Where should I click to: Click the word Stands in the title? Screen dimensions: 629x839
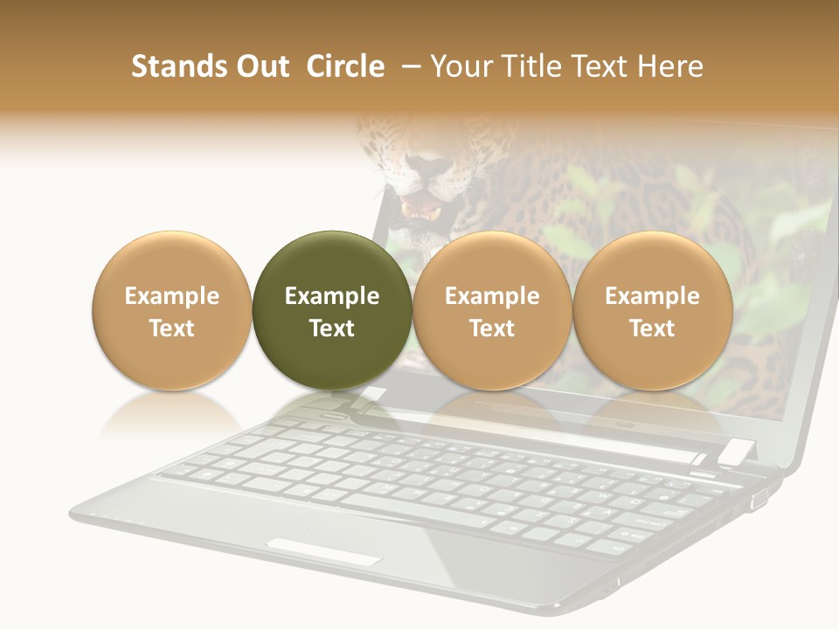point(172,66)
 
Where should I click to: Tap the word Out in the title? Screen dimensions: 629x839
point(260,66)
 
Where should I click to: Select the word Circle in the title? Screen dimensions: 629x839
point(345,66)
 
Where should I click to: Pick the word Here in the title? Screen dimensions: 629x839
point(671,66)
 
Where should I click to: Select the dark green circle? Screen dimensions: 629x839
point(332,310)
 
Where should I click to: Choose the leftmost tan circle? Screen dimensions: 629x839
point(172,310)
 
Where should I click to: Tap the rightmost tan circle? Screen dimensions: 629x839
point(653,310)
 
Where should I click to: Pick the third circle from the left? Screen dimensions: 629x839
point(492,310)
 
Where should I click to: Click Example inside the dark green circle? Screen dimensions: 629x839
point(332,296)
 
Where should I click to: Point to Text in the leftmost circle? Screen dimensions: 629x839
point(172,328)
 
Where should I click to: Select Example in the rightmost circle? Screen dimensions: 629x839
point(653,296)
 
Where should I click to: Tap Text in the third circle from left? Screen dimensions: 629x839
point(492,328)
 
